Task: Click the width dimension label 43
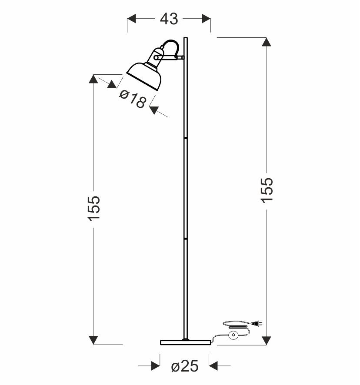[169, 19]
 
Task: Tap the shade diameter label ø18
[133, 99]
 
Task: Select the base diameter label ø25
[185, 366]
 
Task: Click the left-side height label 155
[94, 209]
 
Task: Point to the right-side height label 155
[267, 190]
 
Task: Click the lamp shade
[144, 75]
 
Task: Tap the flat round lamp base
[185, 342]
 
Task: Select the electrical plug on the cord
[257, 324]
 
